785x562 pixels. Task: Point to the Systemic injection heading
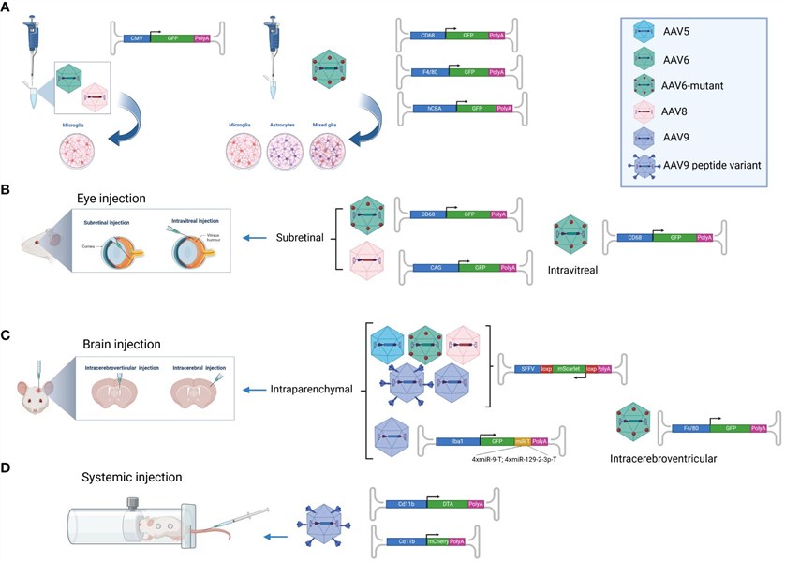(x=136, y=477)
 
